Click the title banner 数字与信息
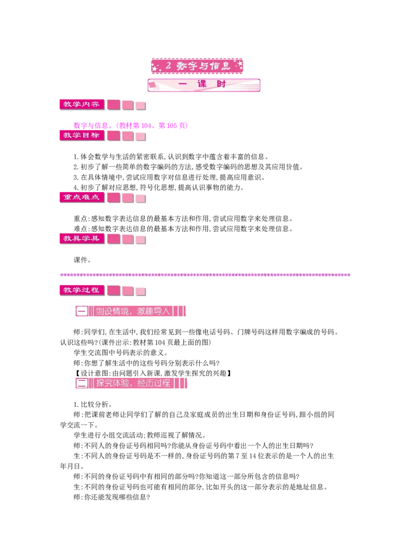[x=197, y=66]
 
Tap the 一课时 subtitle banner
[x=204, y=85]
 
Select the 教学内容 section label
[x=82, y=104]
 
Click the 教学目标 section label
[x=82, y=135]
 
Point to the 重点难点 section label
[x=82, y=197]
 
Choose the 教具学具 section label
[x=82, y=239]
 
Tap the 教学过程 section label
[x=82, y=290]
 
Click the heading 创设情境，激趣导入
[x=131, y=311]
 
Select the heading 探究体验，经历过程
[x=131, y=383]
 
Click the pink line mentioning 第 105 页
[x=131, y=125]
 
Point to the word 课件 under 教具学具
[x=82, y=260]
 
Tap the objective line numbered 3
[x=169, y=177]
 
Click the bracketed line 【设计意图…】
[x=153, y=373]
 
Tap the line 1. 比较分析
[x=93, y=404]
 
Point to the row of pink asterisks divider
[x=205, y=275]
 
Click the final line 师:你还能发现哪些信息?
[x=112, y=497]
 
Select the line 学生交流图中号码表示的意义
[x=121, y=353]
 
